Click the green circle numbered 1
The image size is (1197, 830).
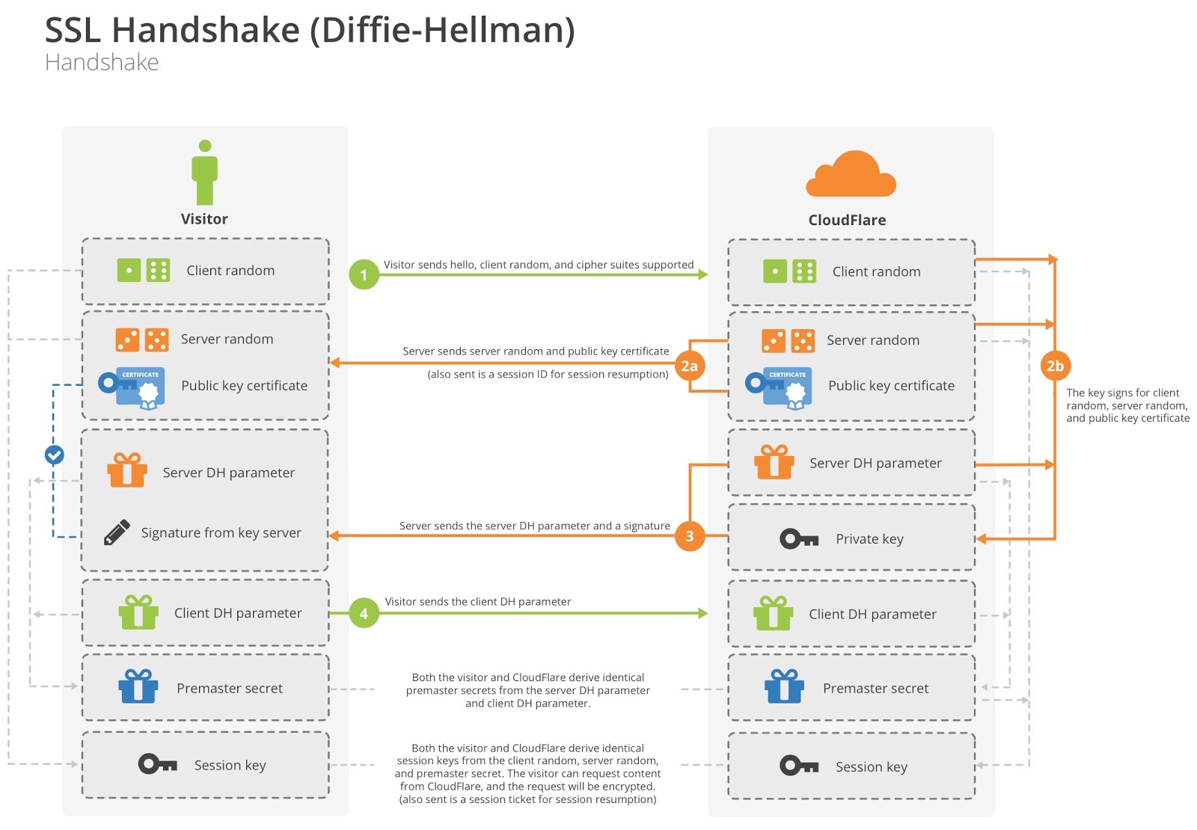tap(364, 274)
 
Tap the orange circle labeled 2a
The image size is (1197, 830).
tap(689, 366)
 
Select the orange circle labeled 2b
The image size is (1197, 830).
tap(1055, 366)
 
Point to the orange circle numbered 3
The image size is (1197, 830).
tap(689, 535)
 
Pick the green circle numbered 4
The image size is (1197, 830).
tap(364, 612)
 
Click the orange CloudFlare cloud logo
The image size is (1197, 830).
tap(851, 174)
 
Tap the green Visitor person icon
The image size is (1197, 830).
tap(205, 173)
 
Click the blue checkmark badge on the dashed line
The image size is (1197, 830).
tap(54, 455)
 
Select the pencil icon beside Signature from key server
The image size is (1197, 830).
tap(117, 532)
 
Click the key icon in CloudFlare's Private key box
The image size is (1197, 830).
tap(799, 539)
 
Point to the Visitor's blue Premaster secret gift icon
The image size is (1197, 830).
tap(138, 686)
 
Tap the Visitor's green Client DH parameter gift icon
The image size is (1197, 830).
tap(138, 612)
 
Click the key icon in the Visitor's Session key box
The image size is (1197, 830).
tap(158, 763)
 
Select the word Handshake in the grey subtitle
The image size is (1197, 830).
tap(102, 63)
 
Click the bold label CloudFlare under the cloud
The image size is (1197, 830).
tap(847, 220)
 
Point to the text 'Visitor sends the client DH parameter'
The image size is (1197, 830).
tap(478, 601)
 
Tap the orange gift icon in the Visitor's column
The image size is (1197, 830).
tap(127, 470)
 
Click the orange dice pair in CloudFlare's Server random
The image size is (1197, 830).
tap(789, 341)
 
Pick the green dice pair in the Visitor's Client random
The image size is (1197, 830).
tap(143, 270)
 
